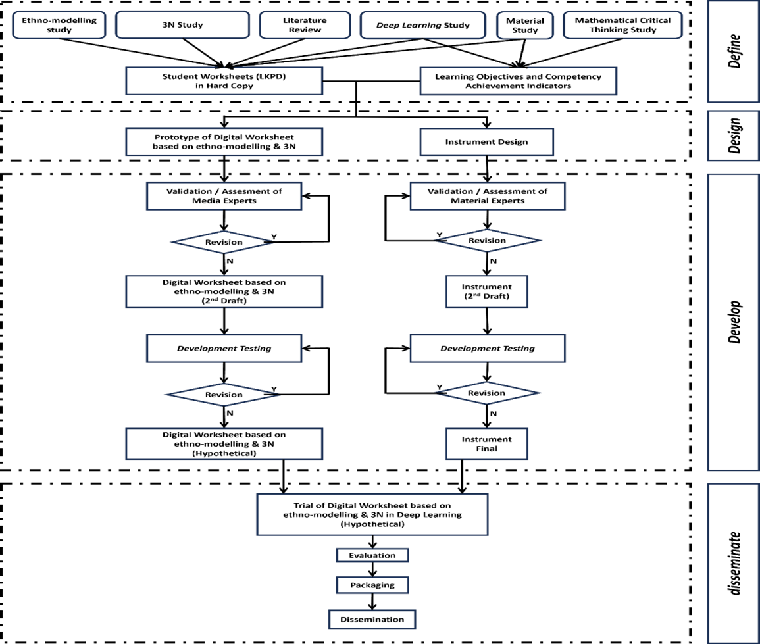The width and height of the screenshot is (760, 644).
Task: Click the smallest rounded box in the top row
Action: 524,25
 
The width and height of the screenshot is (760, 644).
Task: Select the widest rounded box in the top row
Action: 182,25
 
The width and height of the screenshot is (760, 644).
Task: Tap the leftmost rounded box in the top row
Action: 59,25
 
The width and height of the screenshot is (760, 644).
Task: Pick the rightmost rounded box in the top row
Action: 622,25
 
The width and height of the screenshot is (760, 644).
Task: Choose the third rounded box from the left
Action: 305,25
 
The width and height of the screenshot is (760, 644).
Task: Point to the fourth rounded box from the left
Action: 422,25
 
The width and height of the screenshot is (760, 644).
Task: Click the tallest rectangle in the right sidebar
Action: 733,322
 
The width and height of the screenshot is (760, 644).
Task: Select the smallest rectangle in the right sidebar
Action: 733,136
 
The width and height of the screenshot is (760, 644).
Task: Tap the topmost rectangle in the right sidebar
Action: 733,51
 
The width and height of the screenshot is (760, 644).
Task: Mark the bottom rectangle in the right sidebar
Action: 733,563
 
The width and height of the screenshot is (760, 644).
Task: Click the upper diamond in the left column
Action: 222,242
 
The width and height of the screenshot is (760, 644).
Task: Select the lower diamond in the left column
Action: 222,395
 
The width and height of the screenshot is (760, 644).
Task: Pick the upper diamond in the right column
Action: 488,241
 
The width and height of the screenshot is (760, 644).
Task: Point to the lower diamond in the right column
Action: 488,393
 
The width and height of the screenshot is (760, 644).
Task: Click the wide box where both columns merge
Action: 372,514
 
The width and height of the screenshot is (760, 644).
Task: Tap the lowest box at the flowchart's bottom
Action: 372,620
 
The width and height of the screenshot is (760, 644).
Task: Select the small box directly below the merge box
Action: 372,555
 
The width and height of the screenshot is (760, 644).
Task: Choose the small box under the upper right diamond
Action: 487,292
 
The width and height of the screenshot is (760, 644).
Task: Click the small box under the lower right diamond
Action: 487,444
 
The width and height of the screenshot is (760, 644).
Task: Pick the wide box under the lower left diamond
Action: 224,444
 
